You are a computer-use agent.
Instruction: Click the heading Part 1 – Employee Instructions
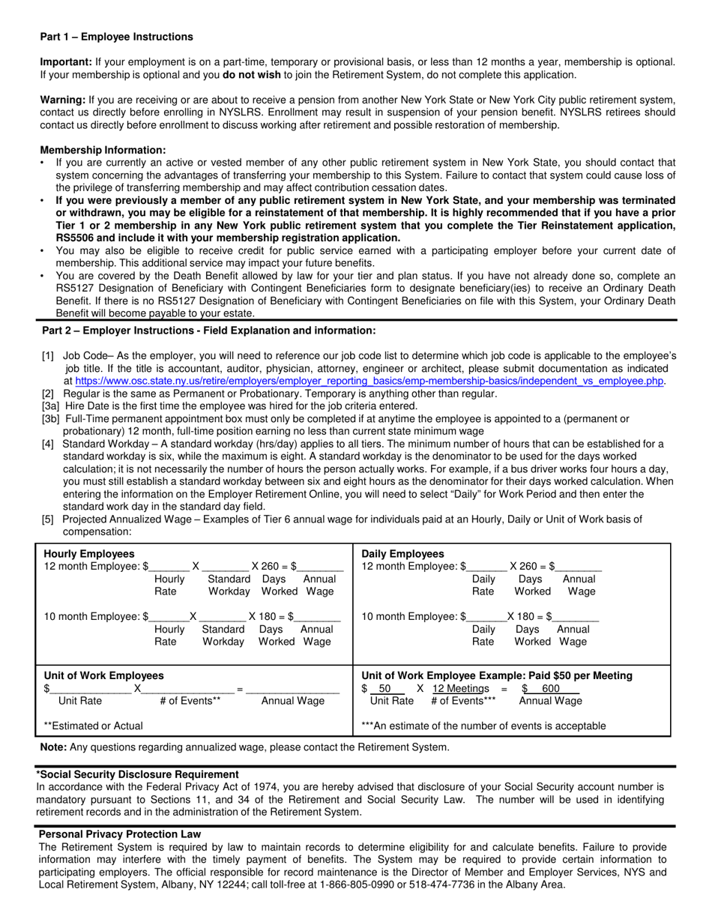click(x=116, y=37)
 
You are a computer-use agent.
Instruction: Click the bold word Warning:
click(x=63, y=100)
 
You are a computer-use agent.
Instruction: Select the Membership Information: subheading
click(x=103, y=150)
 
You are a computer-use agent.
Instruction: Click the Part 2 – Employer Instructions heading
click(x=209, y=331)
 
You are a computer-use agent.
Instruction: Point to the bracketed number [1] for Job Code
click(x=48, y=357)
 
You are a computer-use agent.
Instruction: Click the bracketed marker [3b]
click(x=50, y=418)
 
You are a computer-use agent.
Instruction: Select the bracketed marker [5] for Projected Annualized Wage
click(x=48, y=519)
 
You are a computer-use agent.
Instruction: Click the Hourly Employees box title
click(x=89, y=554)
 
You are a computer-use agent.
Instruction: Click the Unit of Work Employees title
click(x=103, y=675)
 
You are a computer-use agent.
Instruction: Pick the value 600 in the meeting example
click(x=551, y=688)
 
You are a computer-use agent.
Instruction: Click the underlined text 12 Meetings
click(x=460, y=688)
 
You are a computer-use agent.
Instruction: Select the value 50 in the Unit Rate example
click(x=385, y=688)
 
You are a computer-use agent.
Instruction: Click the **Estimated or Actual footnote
click(x=93, y=726)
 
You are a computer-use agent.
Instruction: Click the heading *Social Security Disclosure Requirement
click(x=138, y=774)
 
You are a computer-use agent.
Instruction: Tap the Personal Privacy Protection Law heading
click(x=120, y=834)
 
